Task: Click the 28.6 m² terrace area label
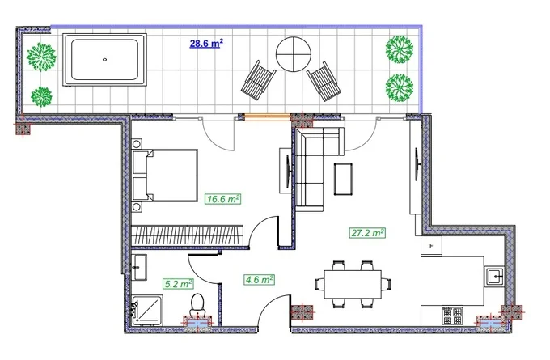coord(206,44)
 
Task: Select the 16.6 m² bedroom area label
coord(223,199)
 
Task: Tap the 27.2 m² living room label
coord(367,233)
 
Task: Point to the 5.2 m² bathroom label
coord(178,283)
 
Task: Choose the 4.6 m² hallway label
coord(259,280)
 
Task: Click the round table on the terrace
coord(294,54)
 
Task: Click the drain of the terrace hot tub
coord(104,60)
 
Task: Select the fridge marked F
coord(431,246)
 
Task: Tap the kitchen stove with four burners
coord(452,316)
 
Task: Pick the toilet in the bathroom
coord(197,304)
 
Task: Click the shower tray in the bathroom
coord(147,310)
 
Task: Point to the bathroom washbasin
coord(139,267)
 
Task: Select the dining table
coord(353,284)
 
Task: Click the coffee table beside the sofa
coord(343,179)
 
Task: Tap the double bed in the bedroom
coord(165,176)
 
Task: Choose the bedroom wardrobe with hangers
coord(188,235)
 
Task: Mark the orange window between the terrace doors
coord(267,117)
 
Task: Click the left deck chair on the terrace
coord(258,81)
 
